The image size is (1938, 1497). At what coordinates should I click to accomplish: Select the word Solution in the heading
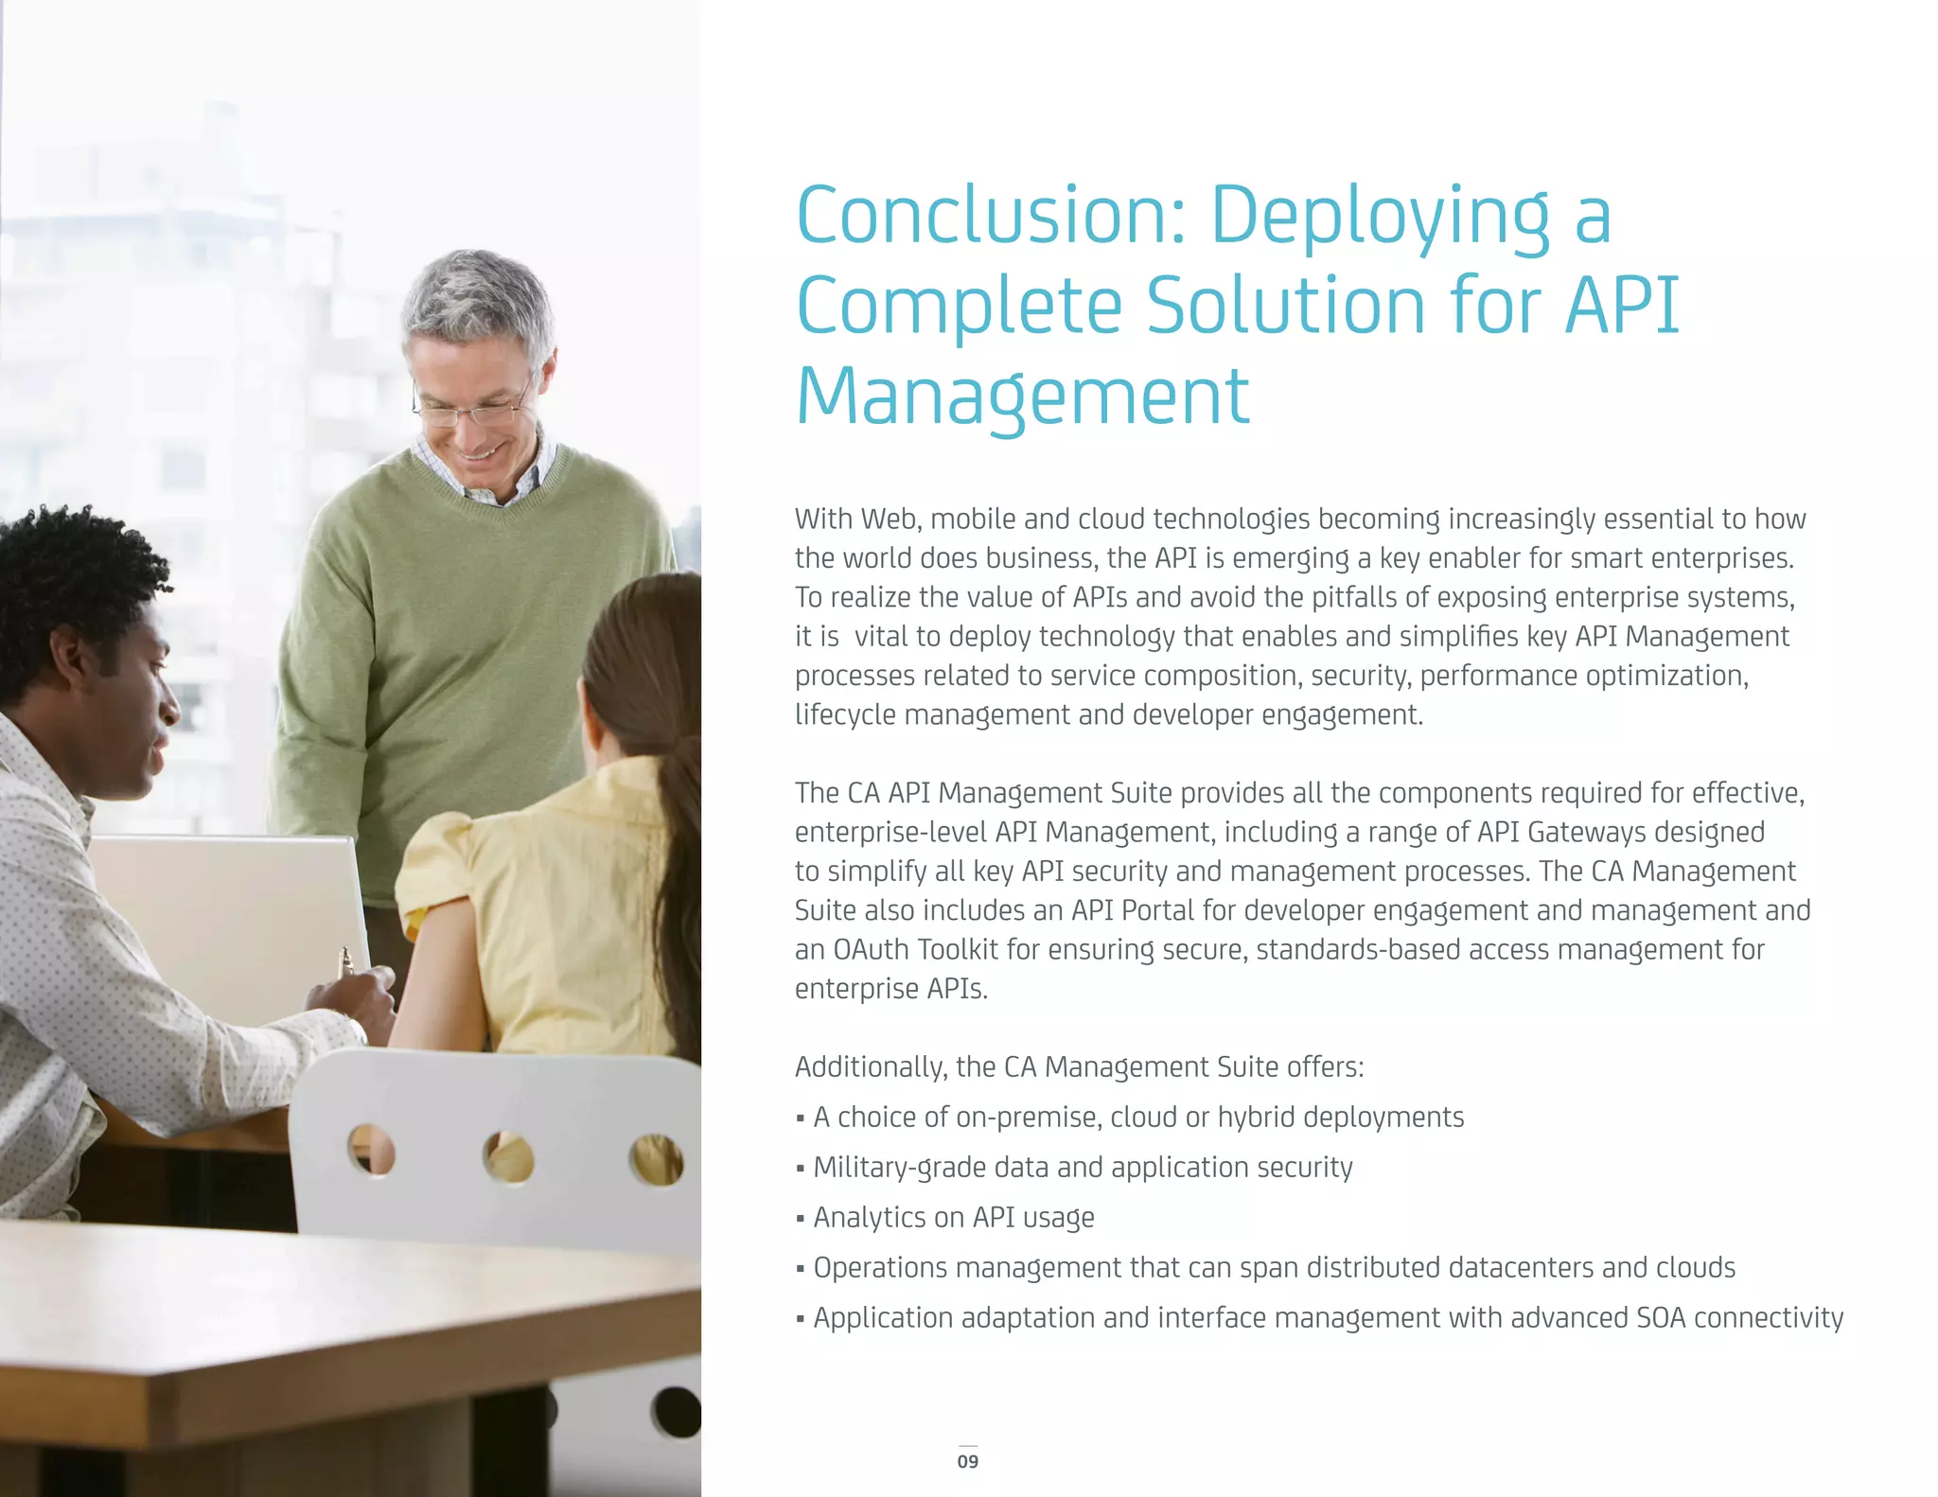1285,306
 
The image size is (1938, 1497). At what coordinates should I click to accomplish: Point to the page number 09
967,1461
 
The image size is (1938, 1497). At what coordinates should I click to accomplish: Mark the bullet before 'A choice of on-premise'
801,1118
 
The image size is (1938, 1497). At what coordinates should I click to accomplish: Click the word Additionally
870,1067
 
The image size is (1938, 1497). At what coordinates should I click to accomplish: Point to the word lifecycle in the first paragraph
845,714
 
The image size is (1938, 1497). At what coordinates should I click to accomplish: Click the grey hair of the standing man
478,293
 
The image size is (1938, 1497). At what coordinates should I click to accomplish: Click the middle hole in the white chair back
508,1156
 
